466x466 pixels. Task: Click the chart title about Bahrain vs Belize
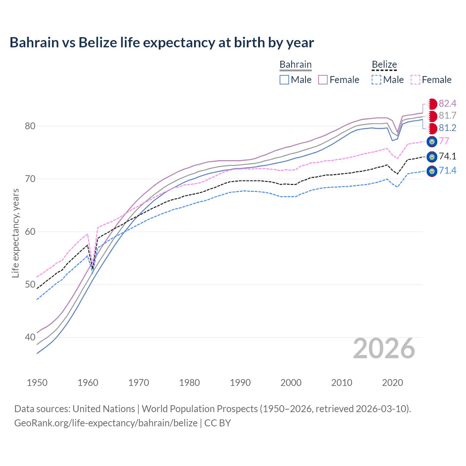pos(162,43)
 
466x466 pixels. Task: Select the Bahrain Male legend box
pos(284,80)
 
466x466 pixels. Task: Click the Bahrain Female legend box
pos(323,80)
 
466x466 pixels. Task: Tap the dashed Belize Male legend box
pos(376,80)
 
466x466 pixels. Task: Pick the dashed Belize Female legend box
pos(415,80)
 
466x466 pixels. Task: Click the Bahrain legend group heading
pos(295,65)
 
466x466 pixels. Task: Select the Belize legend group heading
pos(384,65)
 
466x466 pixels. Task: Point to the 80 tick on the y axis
pos(30,126)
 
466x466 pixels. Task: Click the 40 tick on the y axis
pos(30,337)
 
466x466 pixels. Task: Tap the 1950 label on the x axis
pos(37,383)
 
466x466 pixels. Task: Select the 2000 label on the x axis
pos(291,383)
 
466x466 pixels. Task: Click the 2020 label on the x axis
pos(392,383)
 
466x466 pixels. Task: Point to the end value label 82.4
pos(447,104)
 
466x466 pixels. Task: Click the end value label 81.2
pos(447,128)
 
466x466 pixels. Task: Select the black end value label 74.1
pos(447,157)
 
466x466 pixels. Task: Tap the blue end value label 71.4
pos(447,170)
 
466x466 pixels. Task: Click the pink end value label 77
pos(444,141)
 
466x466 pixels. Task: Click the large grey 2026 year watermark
pos(384,348)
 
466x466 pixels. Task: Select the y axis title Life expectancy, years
pos(15,233)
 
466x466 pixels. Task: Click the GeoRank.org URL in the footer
pos(106,423)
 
